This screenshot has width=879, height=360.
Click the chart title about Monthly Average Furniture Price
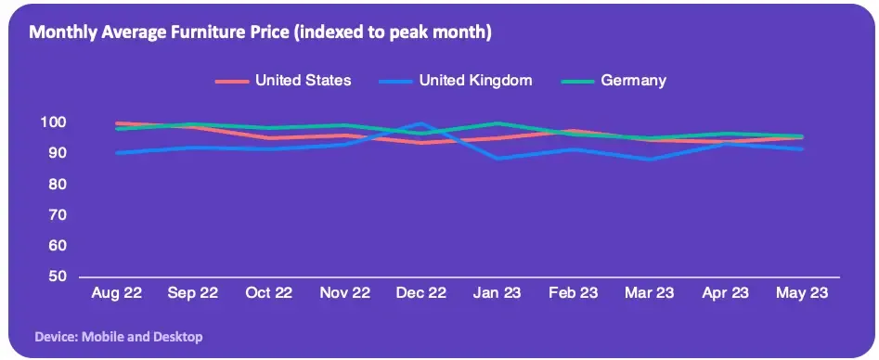[260, 32]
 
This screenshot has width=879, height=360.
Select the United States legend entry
[283, 80]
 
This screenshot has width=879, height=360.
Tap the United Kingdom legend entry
[455, 80]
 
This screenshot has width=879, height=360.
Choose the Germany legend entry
[614, 80]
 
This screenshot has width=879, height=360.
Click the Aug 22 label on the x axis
[117, 292]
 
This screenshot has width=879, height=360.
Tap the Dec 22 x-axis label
[421, 292]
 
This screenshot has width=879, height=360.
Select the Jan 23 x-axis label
[498, 292]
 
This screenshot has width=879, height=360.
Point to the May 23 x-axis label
[802, 293]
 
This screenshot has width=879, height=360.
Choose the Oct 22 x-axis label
[269, 292]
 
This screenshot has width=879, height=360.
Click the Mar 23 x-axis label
[649, 292]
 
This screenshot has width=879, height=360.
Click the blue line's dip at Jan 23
[498, 159]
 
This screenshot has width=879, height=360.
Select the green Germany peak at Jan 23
[498, 122]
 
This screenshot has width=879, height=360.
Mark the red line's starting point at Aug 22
[117, 122]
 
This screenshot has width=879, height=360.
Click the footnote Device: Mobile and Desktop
[119, 337]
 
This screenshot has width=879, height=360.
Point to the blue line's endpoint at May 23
[802, 149]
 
